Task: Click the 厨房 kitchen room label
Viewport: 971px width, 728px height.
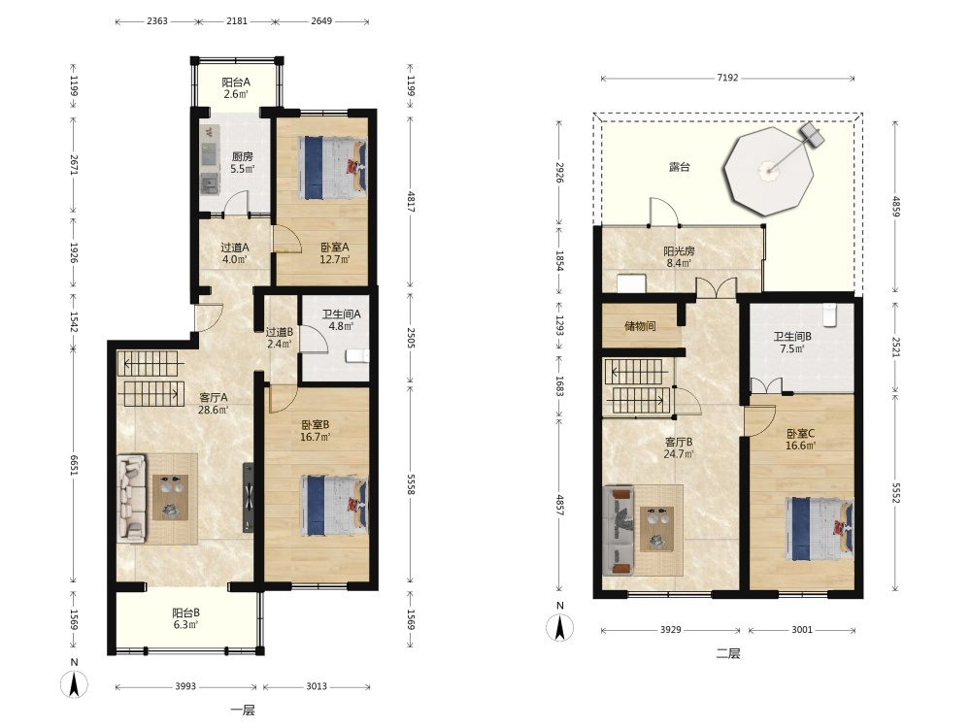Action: (242, 156)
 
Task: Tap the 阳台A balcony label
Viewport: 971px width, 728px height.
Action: (236, 82)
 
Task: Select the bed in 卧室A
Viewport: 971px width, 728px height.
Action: (333, 168)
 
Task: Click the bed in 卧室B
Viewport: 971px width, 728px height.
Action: (334, 505)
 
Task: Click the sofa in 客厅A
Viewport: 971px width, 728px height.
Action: (132, 498)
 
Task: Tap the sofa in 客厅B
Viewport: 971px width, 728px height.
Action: (619, 529)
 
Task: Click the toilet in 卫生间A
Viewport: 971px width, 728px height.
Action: (358, 355)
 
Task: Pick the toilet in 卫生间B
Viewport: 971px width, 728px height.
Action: (830, 314)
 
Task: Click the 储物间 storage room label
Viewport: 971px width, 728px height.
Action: (640, 325)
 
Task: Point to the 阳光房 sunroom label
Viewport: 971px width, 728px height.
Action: (679, 251)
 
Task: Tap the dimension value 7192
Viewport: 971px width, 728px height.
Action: (727, 78)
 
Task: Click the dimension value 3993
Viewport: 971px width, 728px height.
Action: (185, 686)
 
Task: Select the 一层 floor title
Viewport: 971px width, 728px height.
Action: (242, 711)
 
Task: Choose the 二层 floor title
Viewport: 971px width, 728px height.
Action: (727, 653)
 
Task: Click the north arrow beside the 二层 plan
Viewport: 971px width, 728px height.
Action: (559, 628)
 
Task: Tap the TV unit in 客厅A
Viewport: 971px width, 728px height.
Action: (249, 497)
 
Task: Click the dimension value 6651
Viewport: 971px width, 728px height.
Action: (74, 466)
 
